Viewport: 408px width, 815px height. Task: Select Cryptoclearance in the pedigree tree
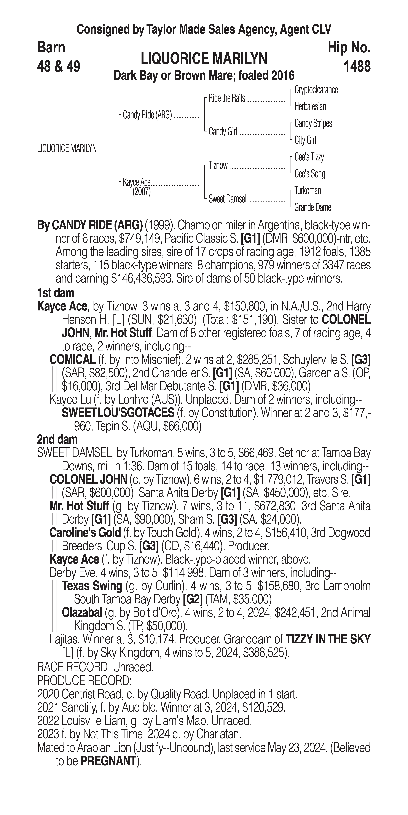click(316, 90)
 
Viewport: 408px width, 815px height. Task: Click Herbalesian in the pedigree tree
click(310, 107)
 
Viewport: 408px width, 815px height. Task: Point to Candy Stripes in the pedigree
click(313, 123)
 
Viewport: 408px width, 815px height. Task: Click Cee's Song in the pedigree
click(309, 174)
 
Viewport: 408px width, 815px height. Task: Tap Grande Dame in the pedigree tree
click(312, 208)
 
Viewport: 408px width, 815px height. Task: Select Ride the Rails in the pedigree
click(227, 98)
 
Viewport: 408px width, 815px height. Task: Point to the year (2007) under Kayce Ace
click(141, 192)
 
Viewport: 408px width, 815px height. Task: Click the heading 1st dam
click(56, 293)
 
